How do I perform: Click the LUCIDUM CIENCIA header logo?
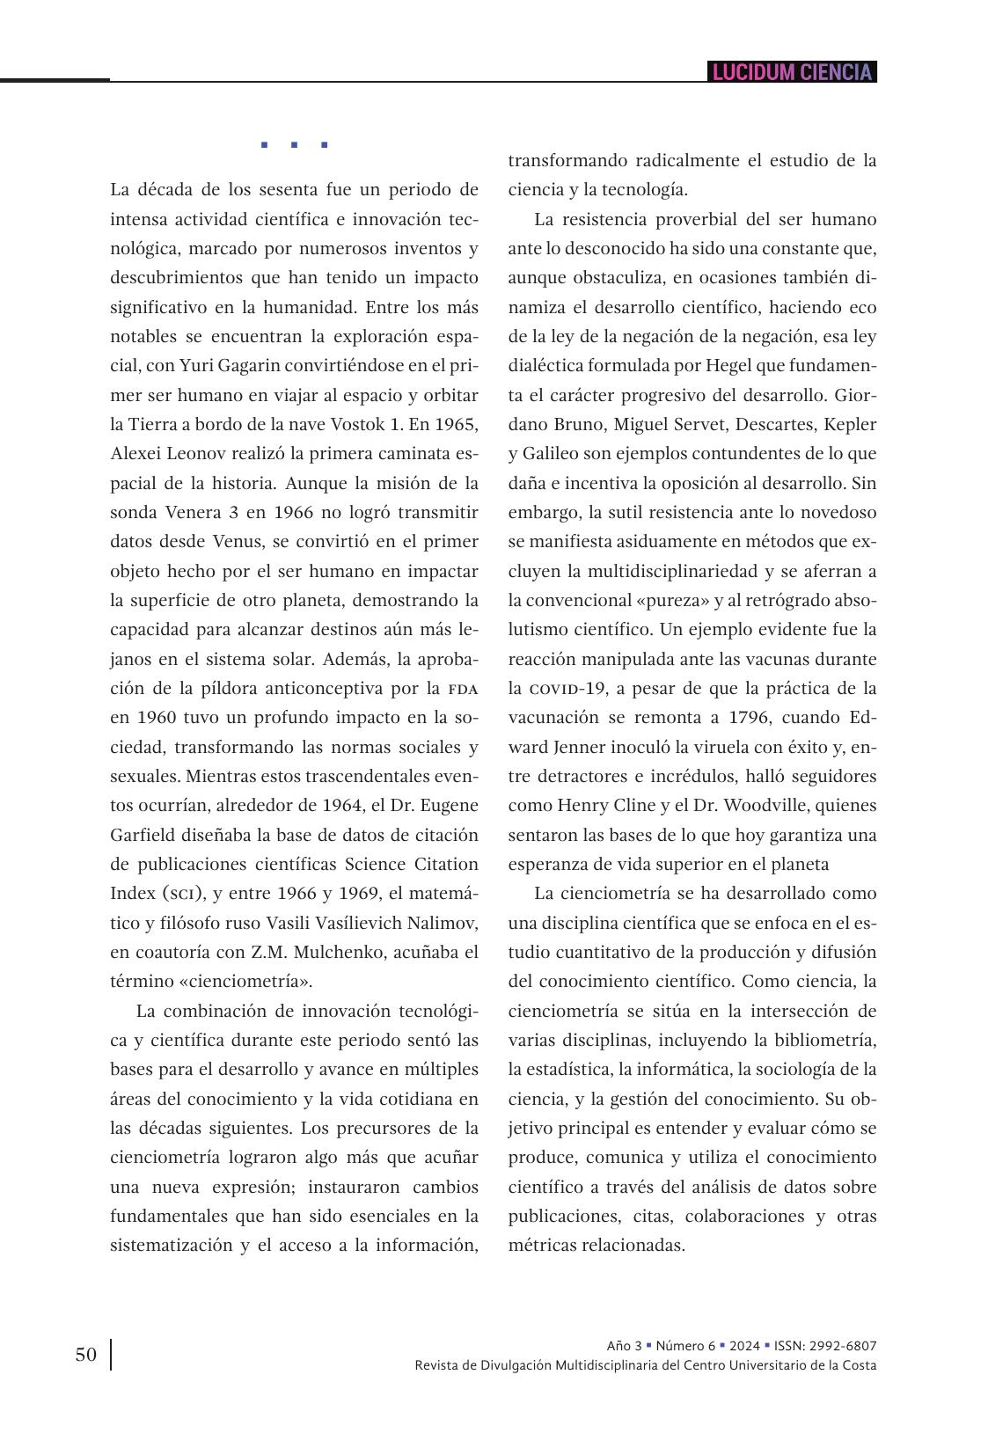coord(792,72)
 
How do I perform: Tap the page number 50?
coord(85,1355)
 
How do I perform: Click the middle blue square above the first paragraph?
coord(294,144)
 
